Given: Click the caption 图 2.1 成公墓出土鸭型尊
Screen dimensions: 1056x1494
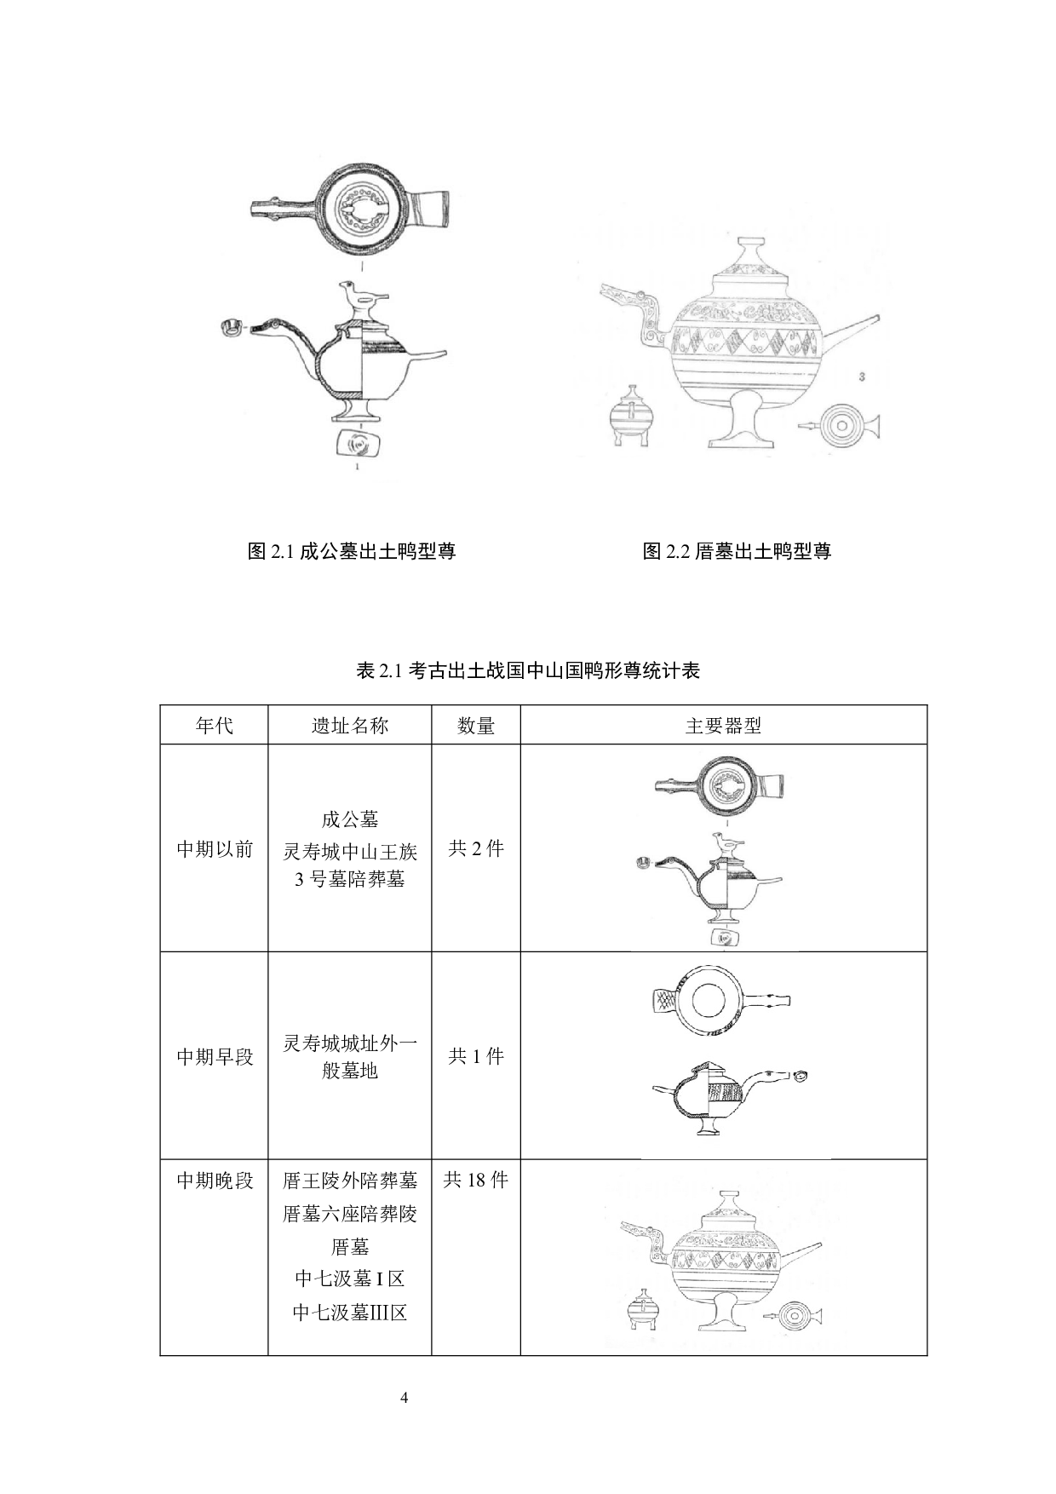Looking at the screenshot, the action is coord(352,551).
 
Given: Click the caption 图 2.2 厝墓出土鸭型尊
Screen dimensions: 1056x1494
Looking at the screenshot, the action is coord(737,551).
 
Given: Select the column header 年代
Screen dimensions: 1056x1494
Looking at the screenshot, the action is coord(215,726).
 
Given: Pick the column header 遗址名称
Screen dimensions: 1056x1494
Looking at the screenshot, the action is coord(350,726).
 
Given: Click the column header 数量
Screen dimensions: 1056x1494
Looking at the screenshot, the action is coord(476,726).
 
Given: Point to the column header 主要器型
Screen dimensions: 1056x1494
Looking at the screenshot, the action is coord(724,726).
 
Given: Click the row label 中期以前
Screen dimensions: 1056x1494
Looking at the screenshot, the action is coord(215,849).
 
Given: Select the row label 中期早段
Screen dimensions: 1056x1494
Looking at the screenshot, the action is coord(215,1056).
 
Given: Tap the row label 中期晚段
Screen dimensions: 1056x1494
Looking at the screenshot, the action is coord(215,1181).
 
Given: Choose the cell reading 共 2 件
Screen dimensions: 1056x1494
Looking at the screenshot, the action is coord(476,848).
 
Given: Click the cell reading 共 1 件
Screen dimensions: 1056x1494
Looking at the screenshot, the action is coord(476,1056).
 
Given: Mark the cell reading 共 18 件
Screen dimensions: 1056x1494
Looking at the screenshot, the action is coord(476,1180).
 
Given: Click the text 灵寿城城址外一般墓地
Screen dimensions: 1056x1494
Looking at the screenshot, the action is coord(350,1056).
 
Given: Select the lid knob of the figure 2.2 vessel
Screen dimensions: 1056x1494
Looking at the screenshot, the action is coord(750,254).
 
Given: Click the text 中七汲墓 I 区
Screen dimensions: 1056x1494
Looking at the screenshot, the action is coord(350,1279).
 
